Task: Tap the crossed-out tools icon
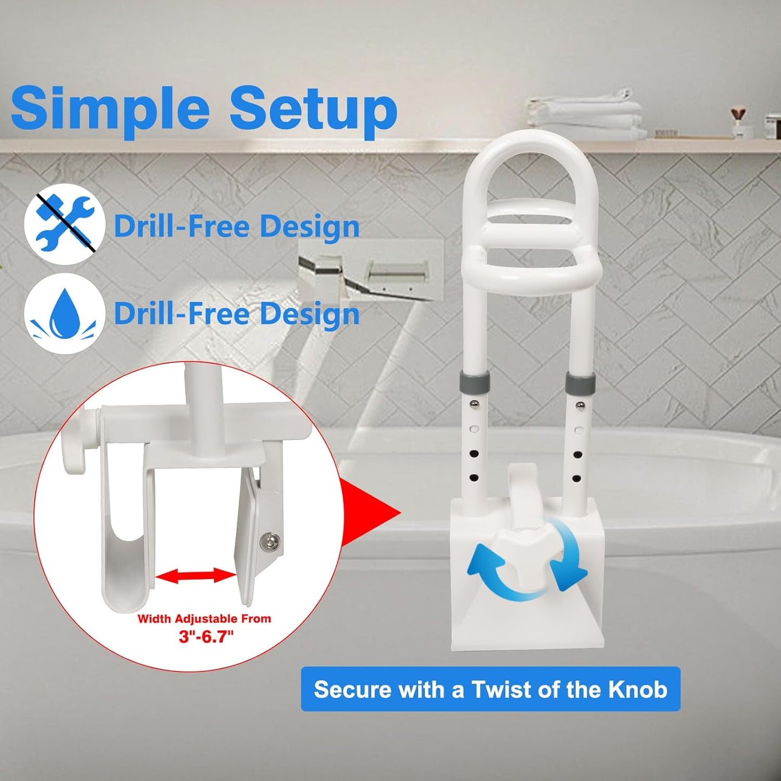tap(64, 224)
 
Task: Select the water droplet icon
tap(64, 313)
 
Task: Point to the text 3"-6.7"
tap(206, 636)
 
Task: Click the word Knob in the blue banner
tap(638, 690)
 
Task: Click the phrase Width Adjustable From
tap(204, 619)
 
